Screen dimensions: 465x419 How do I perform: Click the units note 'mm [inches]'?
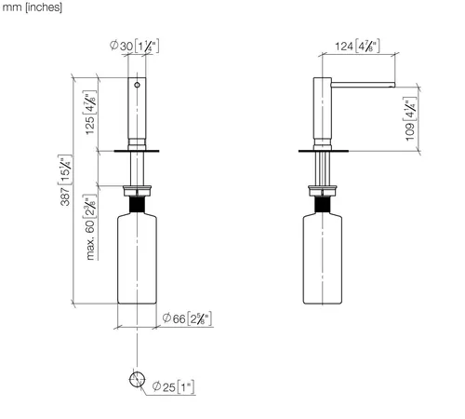pos(32,7)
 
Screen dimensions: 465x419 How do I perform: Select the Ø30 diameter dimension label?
pos(134,46)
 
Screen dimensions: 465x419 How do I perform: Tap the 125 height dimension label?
pos(90,113)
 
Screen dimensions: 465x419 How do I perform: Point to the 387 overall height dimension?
pos(65,180)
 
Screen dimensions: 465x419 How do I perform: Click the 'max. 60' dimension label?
pos(89,227)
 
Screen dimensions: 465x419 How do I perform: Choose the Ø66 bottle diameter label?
pos(187,318)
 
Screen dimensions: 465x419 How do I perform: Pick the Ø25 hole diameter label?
pos(174,386)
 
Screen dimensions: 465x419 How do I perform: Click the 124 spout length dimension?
pos(357,47)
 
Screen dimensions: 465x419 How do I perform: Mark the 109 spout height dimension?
pos(410,119)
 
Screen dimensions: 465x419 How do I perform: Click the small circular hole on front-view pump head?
pos(137,85)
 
